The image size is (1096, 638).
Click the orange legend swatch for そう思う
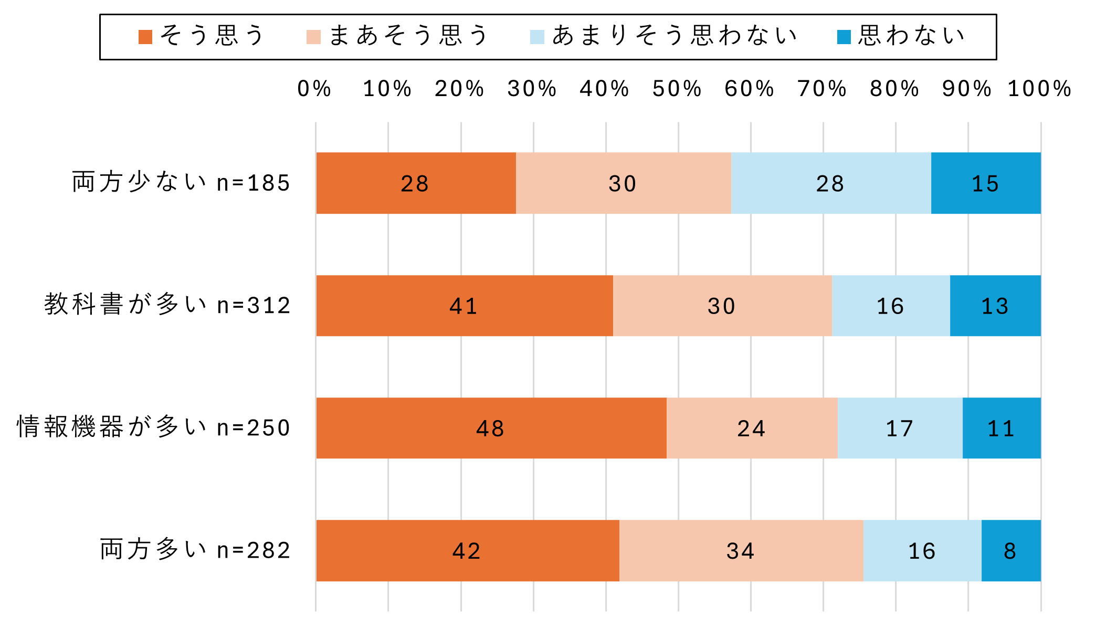(x=145, y=37)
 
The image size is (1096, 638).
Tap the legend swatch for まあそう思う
(x=313, y=37)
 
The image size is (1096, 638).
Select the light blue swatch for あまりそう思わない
(x=537, y=37)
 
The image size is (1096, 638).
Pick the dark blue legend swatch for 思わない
(x=844, y=37)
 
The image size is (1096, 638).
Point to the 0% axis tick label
(x=314, y=89)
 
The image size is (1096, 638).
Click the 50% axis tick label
(x=677, y=89)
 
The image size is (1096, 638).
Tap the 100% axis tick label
(x=1039, y=89)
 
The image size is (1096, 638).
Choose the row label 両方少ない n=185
(x=181, y=183)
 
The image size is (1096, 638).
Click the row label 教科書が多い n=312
(x=167, y=305)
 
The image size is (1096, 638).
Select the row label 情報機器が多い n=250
(x=154, y=427)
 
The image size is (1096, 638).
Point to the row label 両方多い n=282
(x=195, y=550)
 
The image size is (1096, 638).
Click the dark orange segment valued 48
(x=491, y=428)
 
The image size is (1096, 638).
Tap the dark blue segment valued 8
(x=1011, y=550)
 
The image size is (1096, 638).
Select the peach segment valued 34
(x=741, y=550)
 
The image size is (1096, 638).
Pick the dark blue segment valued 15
(x=986, y=183)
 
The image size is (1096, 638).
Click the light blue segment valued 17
(x=900, y=428)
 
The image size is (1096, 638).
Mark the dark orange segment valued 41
(x=465, y=306)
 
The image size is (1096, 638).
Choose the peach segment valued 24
(x=752, y=428)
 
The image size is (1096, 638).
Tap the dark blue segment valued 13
(x=995, y=306)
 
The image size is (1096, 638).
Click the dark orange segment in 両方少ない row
(x=416, y=183)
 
